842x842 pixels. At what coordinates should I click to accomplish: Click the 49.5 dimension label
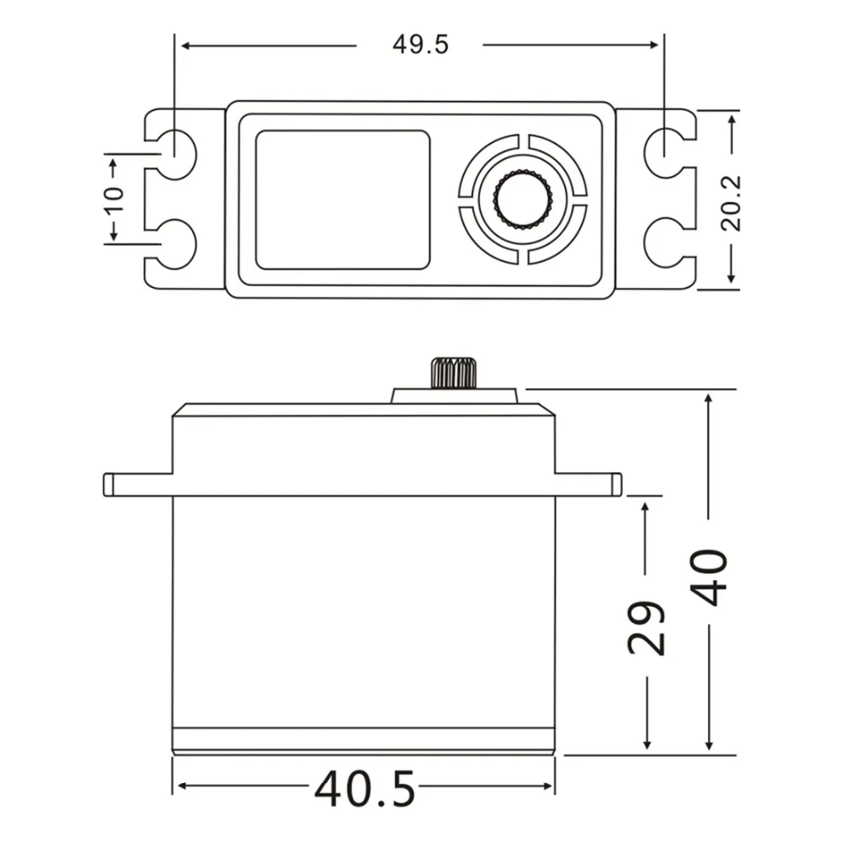(x=420, y=45)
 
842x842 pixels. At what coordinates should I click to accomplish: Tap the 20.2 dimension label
(x=731, y=203)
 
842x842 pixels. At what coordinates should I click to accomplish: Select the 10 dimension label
(x=115, y=200)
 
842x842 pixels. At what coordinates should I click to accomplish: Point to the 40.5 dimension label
(x=365, y=789)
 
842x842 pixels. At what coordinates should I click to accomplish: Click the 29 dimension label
(x=646, y=627)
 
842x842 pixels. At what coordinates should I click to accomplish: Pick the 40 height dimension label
(x=708, y=578)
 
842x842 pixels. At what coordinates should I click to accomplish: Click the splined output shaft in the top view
(x=523, y=199)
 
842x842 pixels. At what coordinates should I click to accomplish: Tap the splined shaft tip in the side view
(x=454, y=372)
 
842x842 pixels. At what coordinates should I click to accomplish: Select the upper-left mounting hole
(x=176, y=154)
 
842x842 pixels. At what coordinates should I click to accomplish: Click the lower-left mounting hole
(x=176, y=243)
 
